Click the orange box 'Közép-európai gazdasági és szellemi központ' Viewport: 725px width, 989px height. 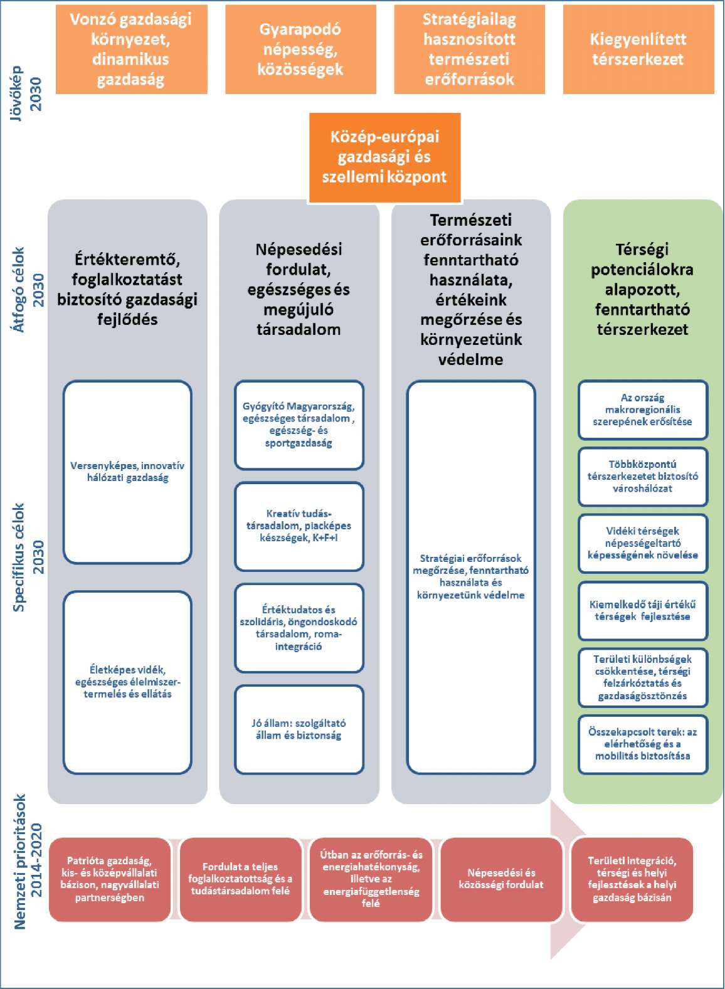384,157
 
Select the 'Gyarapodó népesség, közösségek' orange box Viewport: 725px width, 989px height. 300,50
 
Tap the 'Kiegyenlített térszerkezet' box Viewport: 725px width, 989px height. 638,50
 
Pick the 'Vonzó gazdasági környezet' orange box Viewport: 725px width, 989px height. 132,50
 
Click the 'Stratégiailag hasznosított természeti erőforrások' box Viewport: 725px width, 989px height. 469,50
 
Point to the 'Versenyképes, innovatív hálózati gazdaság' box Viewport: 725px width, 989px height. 127,472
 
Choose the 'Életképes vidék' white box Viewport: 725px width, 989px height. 127,682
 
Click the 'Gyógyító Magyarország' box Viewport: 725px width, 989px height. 299,425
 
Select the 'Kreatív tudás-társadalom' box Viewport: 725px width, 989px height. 299,526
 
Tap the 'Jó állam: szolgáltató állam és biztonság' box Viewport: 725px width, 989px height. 299,729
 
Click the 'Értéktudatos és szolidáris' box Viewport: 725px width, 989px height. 299,628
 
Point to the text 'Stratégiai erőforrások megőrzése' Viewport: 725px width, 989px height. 470,564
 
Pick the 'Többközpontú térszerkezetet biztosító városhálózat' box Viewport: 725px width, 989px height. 643,477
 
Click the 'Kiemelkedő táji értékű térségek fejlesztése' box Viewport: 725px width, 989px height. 643,611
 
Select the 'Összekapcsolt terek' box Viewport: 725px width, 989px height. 643,744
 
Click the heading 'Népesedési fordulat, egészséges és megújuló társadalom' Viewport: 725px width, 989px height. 299,289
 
